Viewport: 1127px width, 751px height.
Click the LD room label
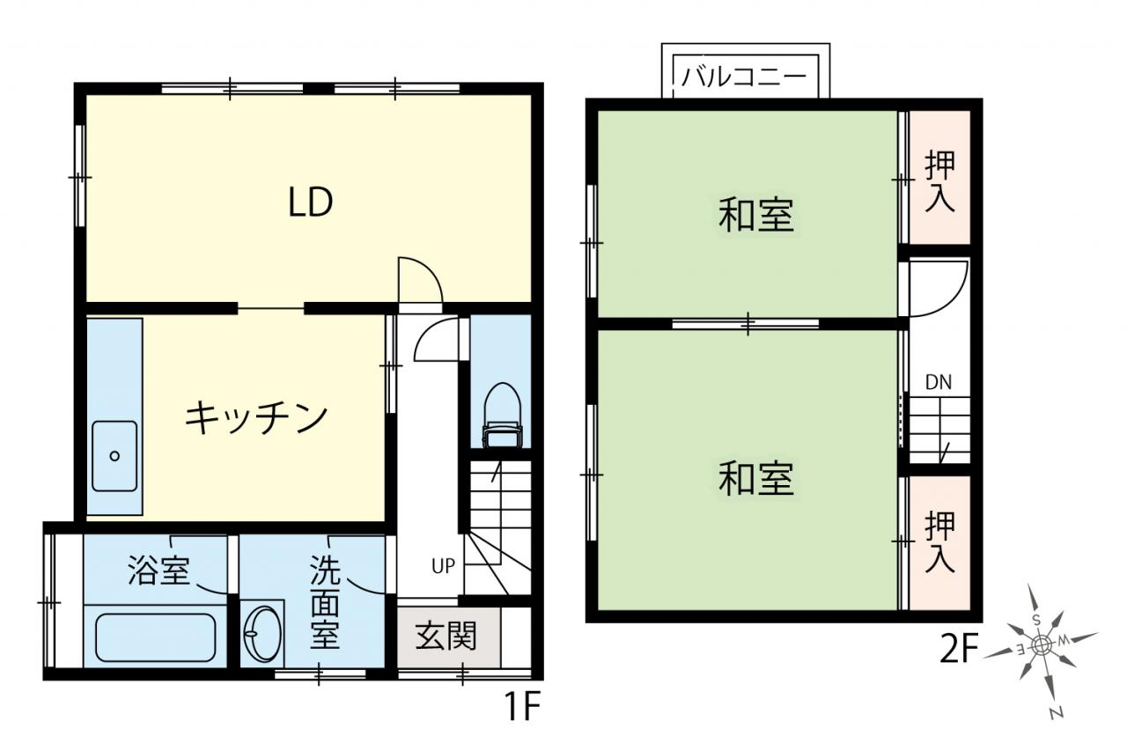tap(310, 202)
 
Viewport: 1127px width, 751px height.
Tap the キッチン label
tap(256, 417)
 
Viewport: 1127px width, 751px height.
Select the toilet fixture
tap(502, 416)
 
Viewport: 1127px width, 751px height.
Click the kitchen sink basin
tap(114, 456)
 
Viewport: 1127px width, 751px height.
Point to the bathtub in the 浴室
tap(156, 637)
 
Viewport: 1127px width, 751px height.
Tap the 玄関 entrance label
tap(446, 636)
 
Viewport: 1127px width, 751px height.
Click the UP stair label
tap(443, 566)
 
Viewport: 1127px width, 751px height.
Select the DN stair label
tap(939, 383)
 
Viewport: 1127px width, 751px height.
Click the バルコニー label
tap(744, 77)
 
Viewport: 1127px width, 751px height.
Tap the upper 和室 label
tap(755, 216)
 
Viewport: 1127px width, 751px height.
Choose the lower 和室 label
tap(755, 478)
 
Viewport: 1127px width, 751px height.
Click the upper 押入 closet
tap(939, 178)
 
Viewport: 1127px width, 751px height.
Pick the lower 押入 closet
tap(939, 542)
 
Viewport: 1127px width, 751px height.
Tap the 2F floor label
tap(959, 650)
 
